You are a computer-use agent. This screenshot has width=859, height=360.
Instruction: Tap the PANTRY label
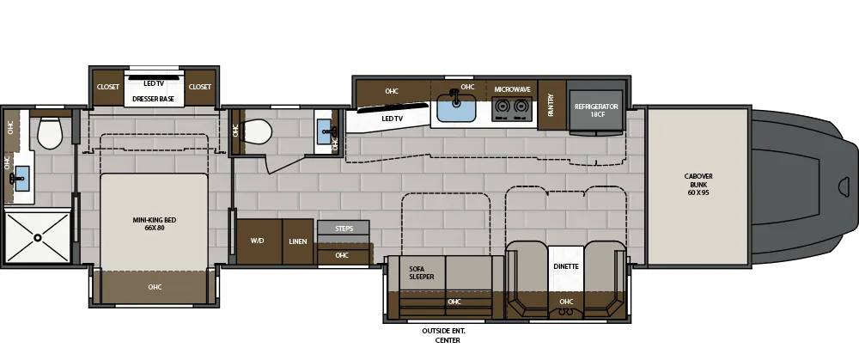click(551, 106)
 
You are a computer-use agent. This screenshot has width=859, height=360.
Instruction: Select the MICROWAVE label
click(512, 89)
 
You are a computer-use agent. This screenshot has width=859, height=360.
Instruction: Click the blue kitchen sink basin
click(456, 108)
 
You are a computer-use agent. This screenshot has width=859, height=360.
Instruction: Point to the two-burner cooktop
click(512, 109)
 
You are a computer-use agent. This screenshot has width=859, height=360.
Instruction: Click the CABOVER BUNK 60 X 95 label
click(698, 184)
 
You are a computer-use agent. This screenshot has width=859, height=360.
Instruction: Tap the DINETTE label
click(565, 266)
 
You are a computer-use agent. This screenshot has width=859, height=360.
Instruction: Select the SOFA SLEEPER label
click(422, 272)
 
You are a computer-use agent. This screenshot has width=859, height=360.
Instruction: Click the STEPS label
click(344, 229)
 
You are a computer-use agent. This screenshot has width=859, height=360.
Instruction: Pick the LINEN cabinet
click(298, 241)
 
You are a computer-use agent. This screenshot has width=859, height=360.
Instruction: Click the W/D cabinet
click(258, 241)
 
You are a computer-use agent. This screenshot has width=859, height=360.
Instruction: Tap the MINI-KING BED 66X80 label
click(155, 224)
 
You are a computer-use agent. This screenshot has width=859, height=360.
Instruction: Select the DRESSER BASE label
click(155, 100)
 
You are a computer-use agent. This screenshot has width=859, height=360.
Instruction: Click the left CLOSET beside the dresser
click(108, 87)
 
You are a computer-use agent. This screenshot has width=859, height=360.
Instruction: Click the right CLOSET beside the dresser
click(200, 87)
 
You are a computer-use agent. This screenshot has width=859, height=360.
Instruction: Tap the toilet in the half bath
click(256, 131)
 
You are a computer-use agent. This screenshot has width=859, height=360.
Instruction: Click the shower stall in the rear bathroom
click(38, 236)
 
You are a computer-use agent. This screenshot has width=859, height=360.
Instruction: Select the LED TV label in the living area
click(393, 119)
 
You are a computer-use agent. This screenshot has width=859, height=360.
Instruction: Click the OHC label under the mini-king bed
click(155, 287)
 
